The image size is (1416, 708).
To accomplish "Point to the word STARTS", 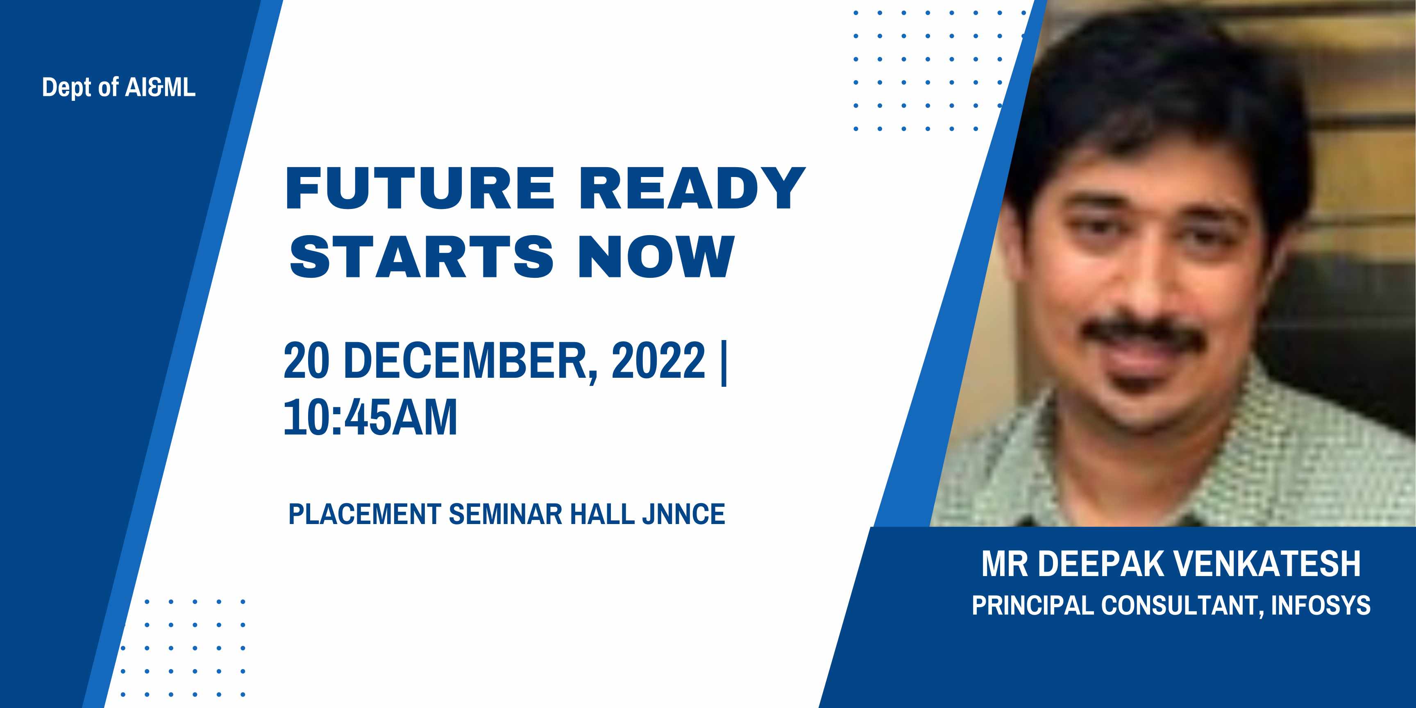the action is point(422,256).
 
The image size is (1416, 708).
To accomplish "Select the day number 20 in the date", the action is point(307,361).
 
